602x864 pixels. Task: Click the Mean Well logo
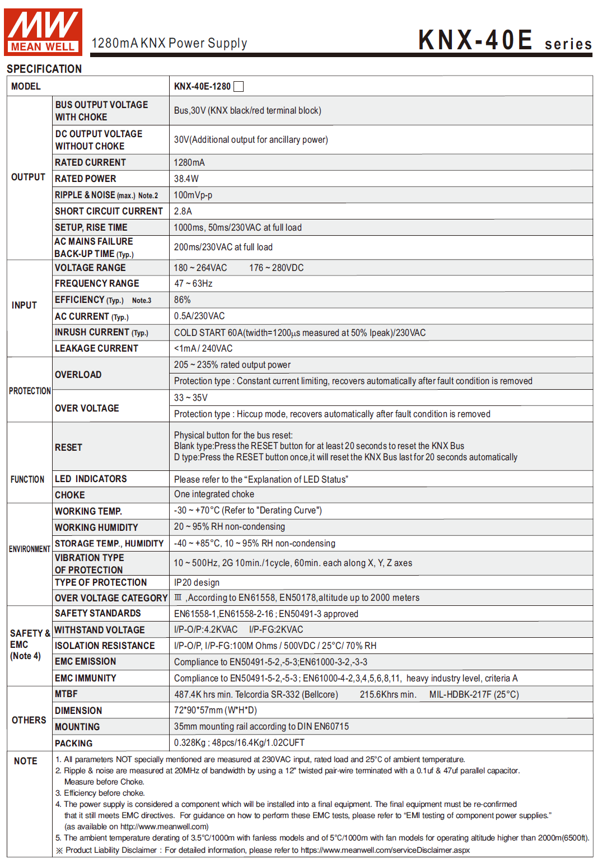click(43, 32)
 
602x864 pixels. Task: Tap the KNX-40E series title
click(504, 40)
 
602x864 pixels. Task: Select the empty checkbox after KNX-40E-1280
click(239, 86)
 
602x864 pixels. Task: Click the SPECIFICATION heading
click(44, 69)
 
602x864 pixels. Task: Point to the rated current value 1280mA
click(189, 162)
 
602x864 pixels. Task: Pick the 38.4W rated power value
click(186, 179)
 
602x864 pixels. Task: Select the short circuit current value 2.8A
click(183, 211)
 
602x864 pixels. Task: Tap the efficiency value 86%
click(182, 300)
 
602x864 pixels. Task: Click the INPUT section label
click(24, 305)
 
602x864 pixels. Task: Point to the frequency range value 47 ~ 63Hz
click(193, 283)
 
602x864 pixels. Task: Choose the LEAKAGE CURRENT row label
click(96, 348)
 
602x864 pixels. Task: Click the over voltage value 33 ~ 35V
click(190, 398)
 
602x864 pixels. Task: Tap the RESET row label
click(68, 447)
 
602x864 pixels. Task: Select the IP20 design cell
click(197, 582)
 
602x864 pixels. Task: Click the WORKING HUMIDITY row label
click(96, 527)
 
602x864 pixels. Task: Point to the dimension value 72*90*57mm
click(215, 710)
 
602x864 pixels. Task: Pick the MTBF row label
click(66, 694)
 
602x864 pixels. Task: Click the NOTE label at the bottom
click(26, 761)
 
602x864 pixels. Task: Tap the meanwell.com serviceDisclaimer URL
click(385, 850)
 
